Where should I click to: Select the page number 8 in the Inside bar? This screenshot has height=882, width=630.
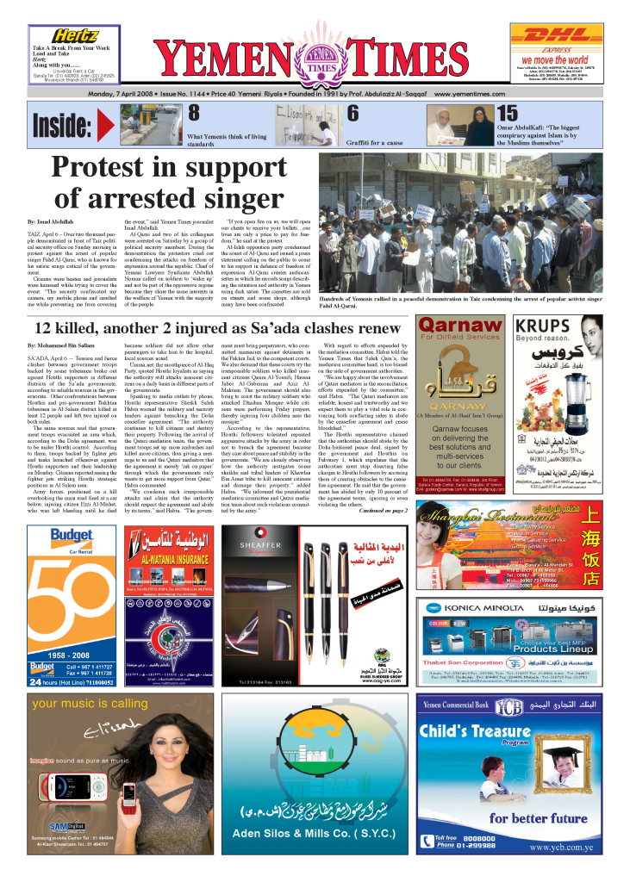click(194, 113)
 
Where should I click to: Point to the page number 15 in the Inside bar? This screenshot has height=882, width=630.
click(508, 113)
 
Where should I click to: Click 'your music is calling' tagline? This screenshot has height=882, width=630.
click(89, 704)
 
